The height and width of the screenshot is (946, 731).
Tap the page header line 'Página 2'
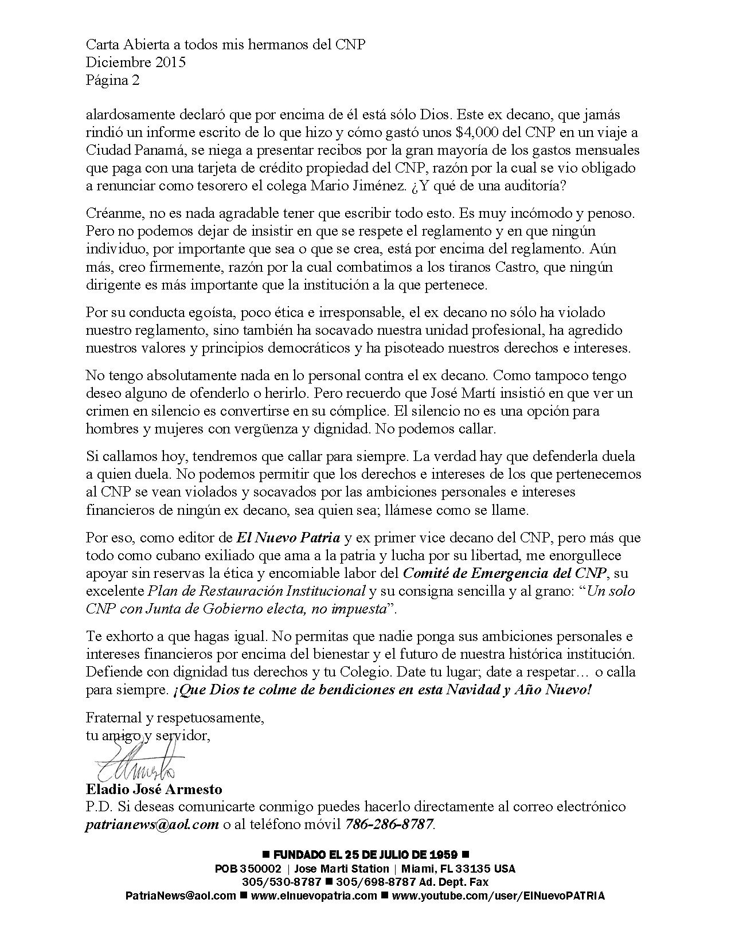[x=112, y=80]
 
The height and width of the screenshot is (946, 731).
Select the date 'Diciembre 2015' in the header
[x=136, y=62]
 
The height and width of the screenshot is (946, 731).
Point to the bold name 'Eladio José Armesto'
[x=154, y=789]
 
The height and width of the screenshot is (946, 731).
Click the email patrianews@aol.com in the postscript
[x=153, y=824]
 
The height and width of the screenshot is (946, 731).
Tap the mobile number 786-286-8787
[x=389, y=824]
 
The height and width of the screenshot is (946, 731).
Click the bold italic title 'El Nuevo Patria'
[x=288, y=538]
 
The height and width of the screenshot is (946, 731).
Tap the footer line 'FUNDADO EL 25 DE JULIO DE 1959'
[x=365, y=855]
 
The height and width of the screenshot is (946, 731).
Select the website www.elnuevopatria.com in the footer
[x=314, y=896]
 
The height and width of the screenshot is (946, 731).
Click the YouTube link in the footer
[x=498, y=896]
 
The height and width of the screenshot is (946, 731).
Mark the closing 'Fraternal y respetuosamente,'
[x=175, y=717]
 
